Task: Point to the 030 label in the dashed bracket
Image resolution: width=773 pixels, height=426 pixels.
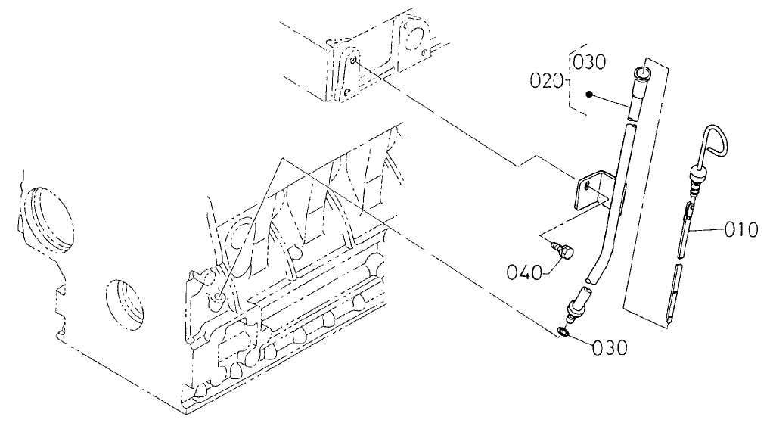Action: pyautogui.click(x=589, y=62)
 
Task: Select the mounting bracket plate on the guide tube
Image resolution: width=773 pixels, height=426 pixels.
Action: pyautogui.click(x=592, y=191)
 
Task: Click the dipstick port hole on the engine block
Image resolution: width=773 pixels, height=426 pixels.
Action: pyautogui.click(x=219, y=300)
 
